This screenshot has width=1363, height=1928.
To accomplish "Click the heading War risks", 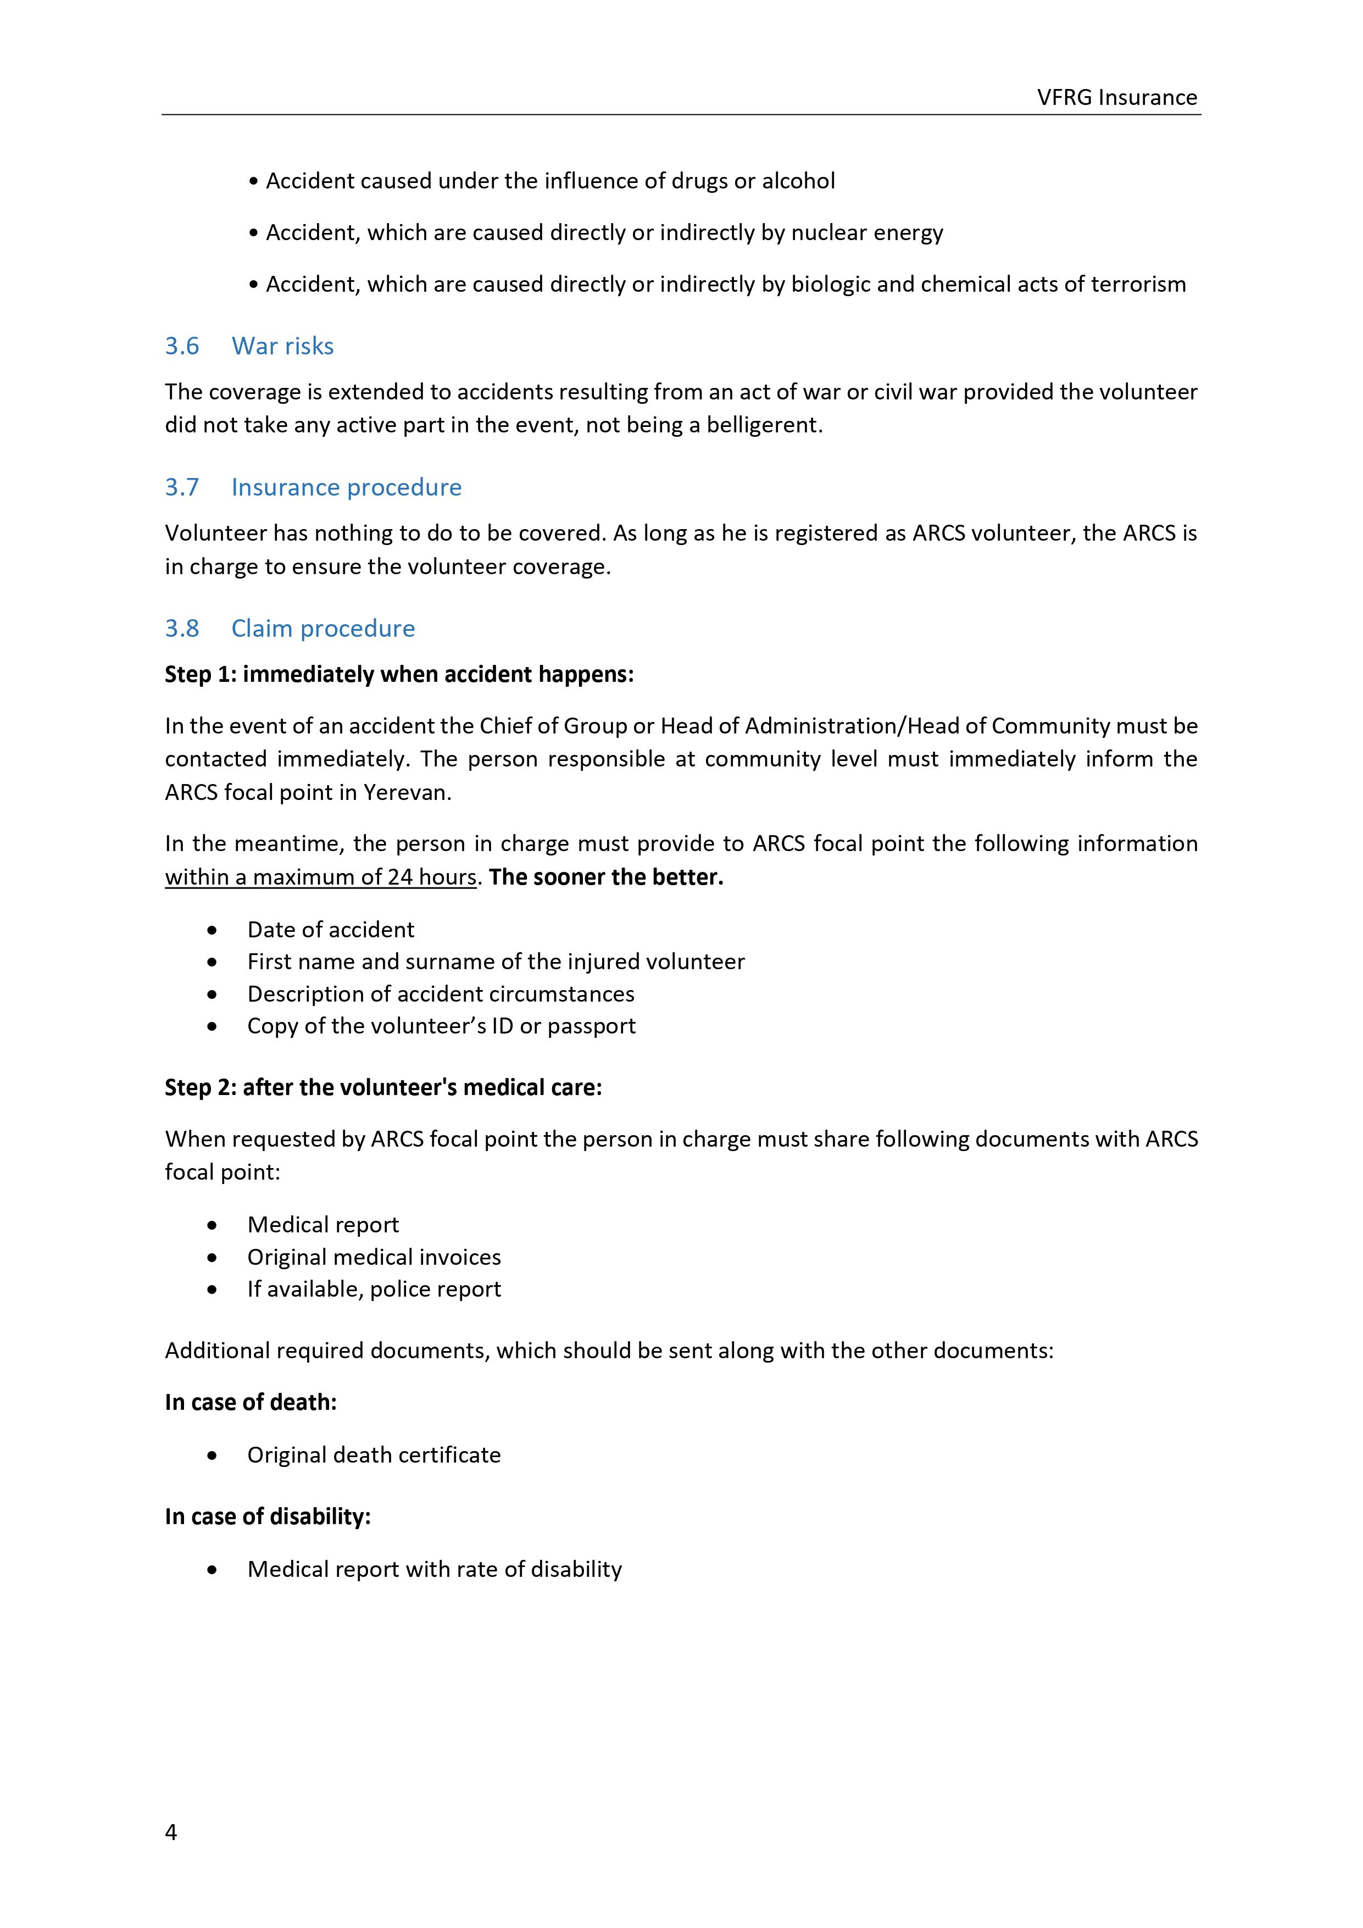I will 282,346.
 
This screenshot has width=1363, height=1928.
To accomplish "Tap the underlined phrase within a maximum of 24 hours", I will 321,877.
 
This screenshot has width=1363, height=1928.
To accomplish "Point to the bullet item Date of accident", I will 330,930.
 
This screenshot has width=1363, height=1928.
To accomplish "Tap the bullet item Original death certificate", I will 374,1455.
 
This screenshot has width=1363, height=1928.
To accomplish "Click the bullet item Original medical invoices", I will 374,1257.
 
